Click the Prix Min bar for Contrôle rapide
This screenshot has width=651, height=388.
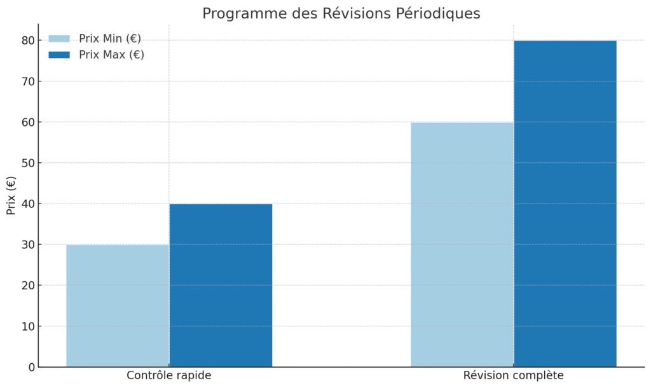[118, 306]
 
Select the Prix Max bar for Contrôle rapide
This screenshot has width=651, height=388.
[221, 286]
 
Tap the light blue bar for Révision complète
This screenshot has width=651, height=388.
[462, 245]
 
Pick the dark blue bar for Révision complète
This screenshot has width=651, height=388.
[565, 204]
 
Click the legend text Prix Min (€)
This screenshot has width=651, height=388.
[110, 38]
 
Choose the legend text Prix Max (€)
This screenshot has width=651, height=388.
[111, 55]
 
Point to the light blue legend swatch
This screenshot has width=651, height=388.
[59, 38]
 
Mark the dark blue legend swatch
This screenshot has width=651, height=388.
[59, 55]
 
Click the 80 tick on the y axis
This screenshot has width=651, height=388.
[27, 40]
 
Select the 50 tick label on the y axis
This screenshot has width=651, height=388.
[27, 163]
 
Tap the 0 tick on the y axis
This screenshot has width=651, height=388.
[30, 367]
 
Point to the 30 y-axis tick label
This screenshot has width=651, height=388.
[27, 245]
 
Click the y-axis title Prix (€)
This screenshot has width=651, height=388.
[11, 196]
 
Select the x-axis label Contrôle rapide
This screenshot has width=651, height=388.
[168, 375]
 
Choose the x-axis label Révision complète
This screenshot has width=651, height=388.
[513, 375]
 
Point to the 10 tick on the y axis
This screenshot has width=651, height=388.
[27, 326]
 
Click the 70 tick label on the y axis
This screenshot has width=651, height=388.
[27, 81]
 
